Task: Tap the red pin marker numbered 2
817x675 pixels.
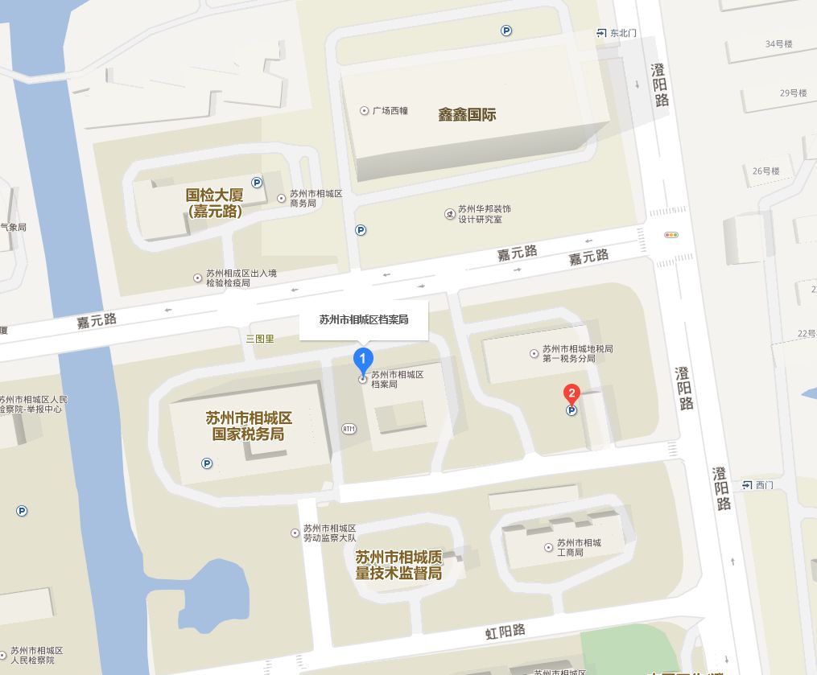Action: (x=571, y=394)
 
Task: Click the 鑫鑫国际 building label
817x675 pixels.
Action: (x=467, y=114)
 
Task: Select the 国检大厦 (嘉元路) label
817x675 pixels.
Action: (x=215, y=203)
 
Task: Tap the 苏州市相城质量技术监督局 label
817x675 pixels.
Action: (x=399, y=565)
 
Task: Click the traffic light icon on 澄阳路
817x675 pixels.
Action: (x=671, y=235)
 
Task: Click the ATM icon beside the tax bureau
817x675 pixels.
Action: (x=349, y=428)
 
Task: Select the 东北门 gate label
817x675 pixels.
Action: (x=617, y=33)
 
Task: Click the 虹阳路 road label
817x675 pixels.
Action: (x=505, y=630)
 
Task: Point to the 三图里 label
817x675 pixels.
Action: (x=260, y=339)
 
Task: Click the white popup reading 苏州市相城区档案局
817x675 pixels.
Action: (x=364, y=319)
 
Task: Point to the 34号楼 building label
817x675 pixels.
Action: (x=779, y=43)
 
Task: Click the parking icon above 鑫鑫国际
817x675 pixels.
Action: (x=506, y=31)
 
